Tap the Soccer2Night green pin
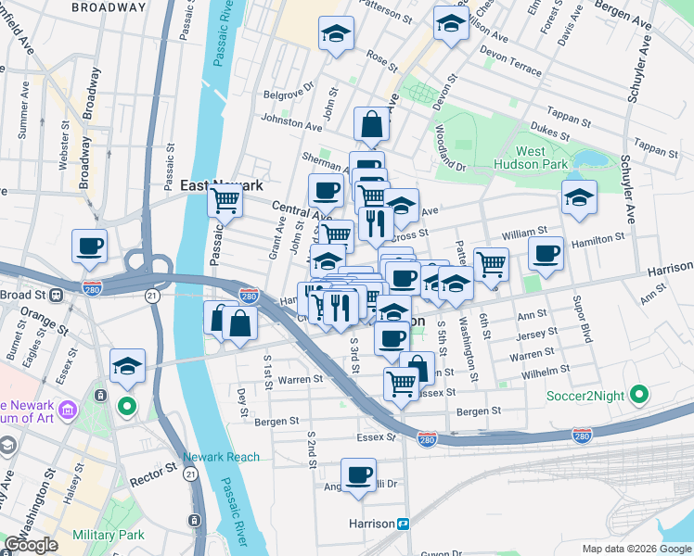(x=637, y=396)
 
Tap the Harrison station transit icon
(x=404, y=524)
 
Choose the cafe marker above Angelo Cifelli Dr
(x=359, y=475)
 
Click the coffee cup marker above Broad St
(x=90, y=246)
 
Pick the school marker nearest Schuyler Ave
(x=579, y=197)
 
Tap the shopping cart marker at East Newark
(x=225, y=198)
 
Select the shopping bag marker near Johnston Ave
(x=371, y=123)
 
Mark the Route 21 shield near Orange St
(x=150, y=295)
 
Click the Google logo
(x=31, y=545)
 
